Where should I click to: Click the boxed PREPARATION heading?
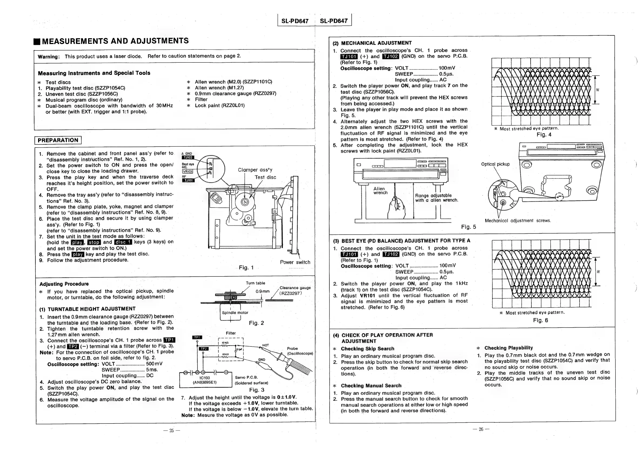(58, 140)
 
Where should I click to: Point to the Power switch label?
(295, 262)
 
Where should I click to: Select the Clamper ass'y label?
(255, 170)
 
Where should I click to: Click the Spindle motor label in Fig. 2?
(235, 313)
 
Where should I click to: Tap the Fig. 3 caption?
(257, 390)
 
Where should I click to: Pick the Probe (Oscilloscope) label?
(300, 351)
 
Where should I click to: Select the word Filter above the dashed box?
(231, 333)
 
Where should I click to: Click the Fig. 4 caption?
(544, 134)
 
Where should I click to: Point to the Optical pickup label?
(495, 164)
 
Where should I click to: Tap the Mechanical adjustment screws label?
(518, 221)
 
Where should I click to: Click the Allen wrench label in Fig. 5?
(380, 191)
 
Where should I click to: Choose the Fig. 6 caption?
(540, 320)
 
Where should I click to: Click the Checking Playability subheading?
(508, 348)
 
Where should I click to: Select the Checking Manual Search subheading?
(371, 386)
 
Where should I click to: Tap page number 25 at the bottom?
(172, 430)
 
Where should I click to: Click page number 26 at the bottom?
(481, 429)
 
